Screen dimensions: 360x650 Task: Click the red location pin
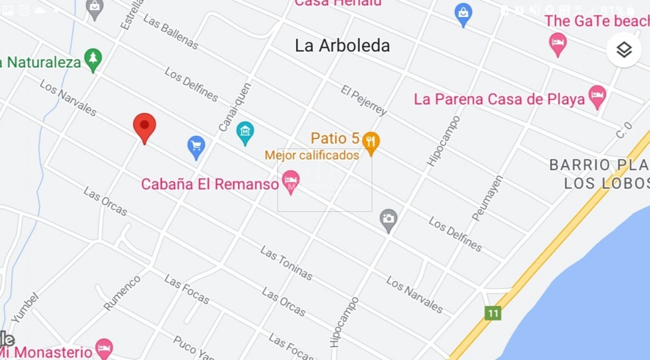[x=144, y=126]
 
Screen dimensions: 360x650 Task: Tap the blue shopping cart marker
[x=196, y=146]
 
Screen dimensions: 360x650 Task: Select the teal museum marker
[x=245, y=132]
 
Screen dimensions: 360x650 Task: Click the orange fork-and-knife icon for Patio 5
[x=371, y=142]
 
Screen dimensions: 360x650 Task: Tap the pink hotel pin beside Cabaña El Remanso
[x=291, y=180]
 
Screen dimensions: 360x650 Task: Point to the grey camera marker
[x=388, y=219]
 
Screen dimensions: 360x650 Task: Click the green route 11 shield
[x=493, y=313]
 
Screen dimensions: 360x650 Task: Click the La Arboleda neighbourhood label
[x=342, y=46]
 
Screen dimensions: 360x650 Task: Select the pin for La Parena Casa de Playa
[x=597, y=95]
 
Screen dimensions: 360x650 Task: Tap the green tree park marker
[x=93, y=59]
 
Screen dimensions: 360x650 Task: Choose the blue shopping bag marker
[x=463, y=14]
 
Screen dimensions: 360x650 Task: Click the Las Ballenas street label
[x=171, y=32]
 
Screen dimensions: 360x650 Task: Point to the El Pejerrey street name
[x=363, y=100]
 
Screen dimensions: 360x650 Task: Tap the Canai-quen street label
[x=235, y=108]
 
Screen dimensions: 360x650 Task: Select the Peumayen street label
[x=487, y=198]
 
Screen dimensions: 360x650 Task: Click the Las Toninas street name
[x=287, y=263]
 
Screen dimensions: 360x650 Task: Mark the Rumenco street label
[x=122, y=293]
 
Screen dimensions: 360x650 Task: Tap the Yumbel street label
[x=25, y=307]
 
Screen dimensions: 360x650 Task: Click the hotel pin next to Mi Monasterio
[x=104, y=347]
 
